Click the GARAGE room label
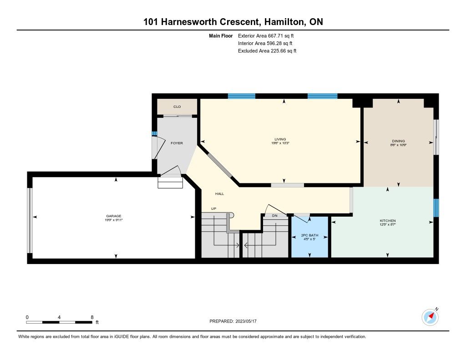114,216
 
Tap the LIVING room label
280,139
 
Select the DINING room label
398,141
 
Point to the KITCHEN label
388,221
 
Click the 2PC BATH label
309,235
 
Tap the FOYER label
177,143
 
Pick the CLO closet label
177,106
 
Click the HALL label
220,194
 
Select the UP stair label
214,209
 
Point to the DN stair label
274,216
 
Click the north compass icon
430,317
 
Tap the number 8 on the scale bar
92,317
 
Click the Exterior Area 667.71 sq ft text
266,35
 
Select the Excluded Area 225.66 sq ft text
267,51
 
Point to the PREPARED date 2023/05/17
246,321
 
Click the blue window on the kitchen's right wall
436,208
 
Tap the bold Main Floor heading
221,35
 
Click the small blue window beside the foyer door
154,133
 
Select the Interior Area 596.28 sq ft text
265,43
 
